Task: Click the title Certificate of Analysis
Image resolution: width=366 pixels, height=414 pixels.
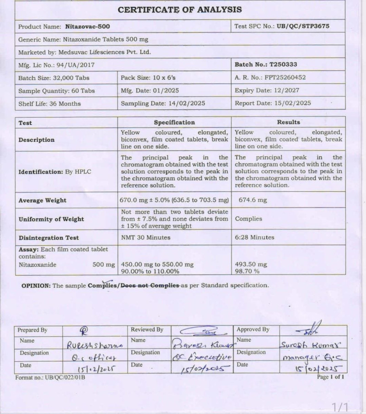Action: pyautogui.click(x=180, y=10)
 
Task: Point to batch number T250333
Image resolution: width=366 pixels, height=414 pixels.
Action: pyautogui.click(x=283, y=65)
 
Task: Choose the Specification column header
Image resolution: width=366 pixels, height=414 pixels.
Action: pyautogui.click(x=174, y=123)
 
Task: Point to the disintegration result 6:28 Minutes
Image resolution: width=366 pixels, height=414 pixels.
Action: pyautogui.click(x=255, y=237)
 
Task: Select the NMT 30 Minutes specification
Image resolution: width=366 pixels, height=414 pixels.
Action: pyautogui.click(x=145, y=237)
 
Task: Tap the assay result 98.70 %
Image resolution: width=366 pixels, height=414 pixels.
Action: pyautogui.click(x=248, y=271)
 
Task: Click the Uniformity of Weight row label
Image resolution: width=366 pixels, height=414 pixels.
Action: pyautogui.click(x=51, y=219)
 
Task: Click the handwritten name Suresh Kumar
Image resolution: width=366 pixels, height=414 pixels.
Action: pyautogui.click(x=313, y=343)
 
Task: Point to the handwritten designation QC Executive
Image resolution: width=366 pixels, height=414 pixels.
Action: pyautogui.click(x=203, y=355)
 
